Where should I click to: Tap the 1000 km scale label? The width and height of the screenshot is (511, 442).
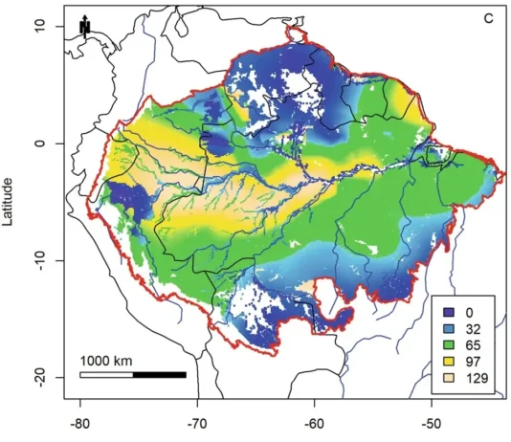(105, 361)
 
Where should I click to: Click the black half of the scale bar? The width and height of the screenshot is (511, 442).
(159, 374)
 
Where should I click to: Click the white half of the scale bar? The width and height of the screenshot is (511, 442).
(106, 374)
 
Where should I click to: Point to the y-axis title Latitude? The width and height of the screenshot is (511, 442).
(9, 200)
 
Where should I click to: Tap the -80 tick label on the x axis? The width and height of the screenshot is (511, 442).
(80, 420)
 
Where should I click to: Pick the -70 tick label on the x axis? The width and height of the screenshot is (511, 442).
(197, 420)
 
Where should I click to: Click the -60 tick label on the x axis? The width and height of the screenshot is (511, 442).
(314, 420)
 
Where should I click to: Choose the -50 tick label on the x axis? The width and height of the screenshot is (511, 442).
(431, 420)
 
